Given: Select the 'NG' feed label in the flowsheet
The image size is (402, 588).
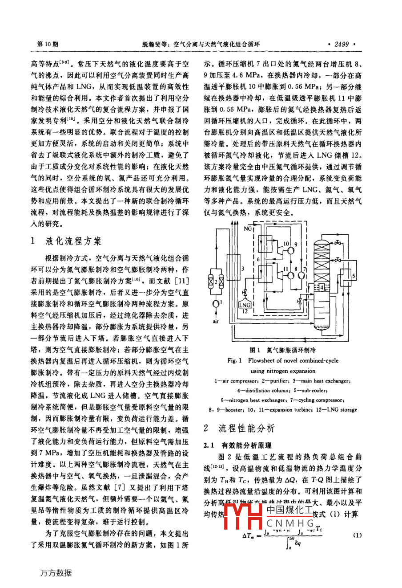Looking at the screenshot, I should coord(248,229).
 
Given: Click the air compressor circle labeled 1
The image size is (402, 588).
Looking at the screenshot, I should coord(217,303).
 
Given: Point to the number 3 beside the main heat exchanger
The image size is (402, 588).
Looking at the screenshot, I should coord(243,269).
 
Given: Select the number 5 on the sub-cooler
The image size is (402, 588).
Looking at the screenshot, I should coord(353,277).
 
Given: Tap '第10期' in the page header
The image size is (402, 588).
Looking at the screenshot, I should coord(47,44).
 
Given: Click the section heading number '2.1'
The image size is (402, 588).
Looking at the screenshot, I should coord(209,445).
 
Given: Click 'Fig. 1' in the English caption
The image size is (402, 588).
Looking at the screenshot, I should coord(234,361).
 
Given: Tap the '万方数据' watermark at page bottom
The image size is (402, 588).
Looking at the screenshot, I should coord(56,572).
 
